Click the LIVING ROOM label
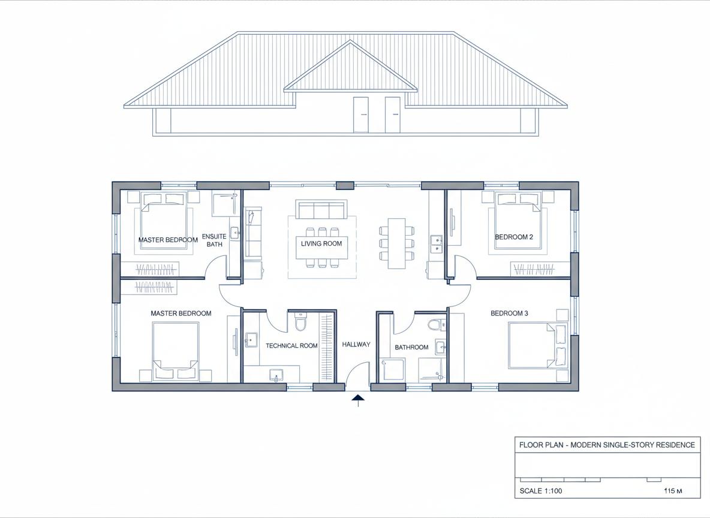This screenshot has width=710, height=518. tap(321, 243)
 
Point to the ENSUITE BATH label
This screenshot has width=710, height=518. tap(214, 240)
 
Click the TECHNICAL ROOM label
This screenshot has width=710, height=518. tap(291, 346)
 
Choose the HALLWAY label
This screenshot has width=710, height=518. tap(356, 345)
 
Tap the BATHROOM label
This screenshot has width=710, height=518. tap(411, 347)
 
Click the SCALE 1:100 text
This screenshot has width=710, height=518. tap(541, 491)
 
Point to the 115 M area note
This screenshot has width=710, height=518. tap(673, 491)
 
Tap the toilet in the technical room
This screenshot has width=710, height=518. tap(300, 321)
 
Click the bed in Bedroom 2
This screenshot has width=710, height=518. tap(519, 221)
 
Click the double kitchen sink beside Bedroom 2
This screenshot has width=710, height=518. tap(437, 243)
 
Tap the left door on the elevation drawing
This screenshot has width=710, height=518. tap(361, 115)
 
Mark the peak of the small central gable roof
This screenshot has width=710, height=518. tap(350, 41)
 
